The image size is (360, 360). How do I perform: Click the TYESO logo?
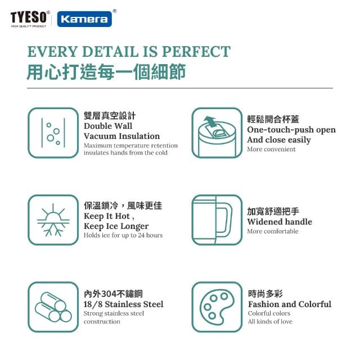[x=30, y=19]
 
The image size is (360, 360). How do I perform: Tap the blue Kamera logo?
[x=84, y=19]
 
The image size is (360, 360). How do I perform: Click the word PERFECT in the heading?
[x=196, y=51]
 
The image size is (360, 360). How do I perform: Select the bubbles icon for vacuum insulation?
[x=53, y=133]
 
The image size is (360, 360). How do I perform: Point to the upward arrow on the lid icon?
[x=210, y=121]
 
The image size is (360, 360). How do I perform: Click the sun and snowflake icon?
[x=53, y=220]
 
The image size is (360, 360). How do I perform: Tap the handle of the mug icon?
[x=224, y=220]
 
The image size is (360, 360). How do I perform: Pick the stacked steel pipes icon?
[x=53, y=307]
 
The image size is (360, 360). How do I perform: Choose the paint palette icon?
[x=217, y=307]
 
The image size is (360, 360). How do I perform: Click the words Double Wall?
[x=108, y=126]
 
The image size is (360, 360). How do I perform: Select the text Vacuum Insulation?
[x=121, y=136]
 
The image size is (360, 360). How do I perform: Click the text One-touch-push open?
[x=291, y=130]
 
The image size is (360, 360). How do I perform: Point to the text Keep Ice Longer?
[x=116, y=226]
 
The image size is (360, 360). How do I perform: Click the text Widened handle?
[x=280, y=222]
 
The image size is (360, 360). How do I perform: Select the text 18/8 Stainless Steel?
[x=124, y=304]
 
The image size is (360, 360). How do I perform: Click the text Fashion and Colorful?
[x=290, y=304]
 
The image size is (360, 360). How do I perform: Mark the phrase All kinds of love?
[x=270, y=321]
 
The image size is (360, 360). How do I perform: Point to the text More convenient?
[x=271, y=149]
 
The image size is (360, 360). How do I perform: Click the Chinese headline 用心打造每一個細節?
[x=106, y=72]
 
